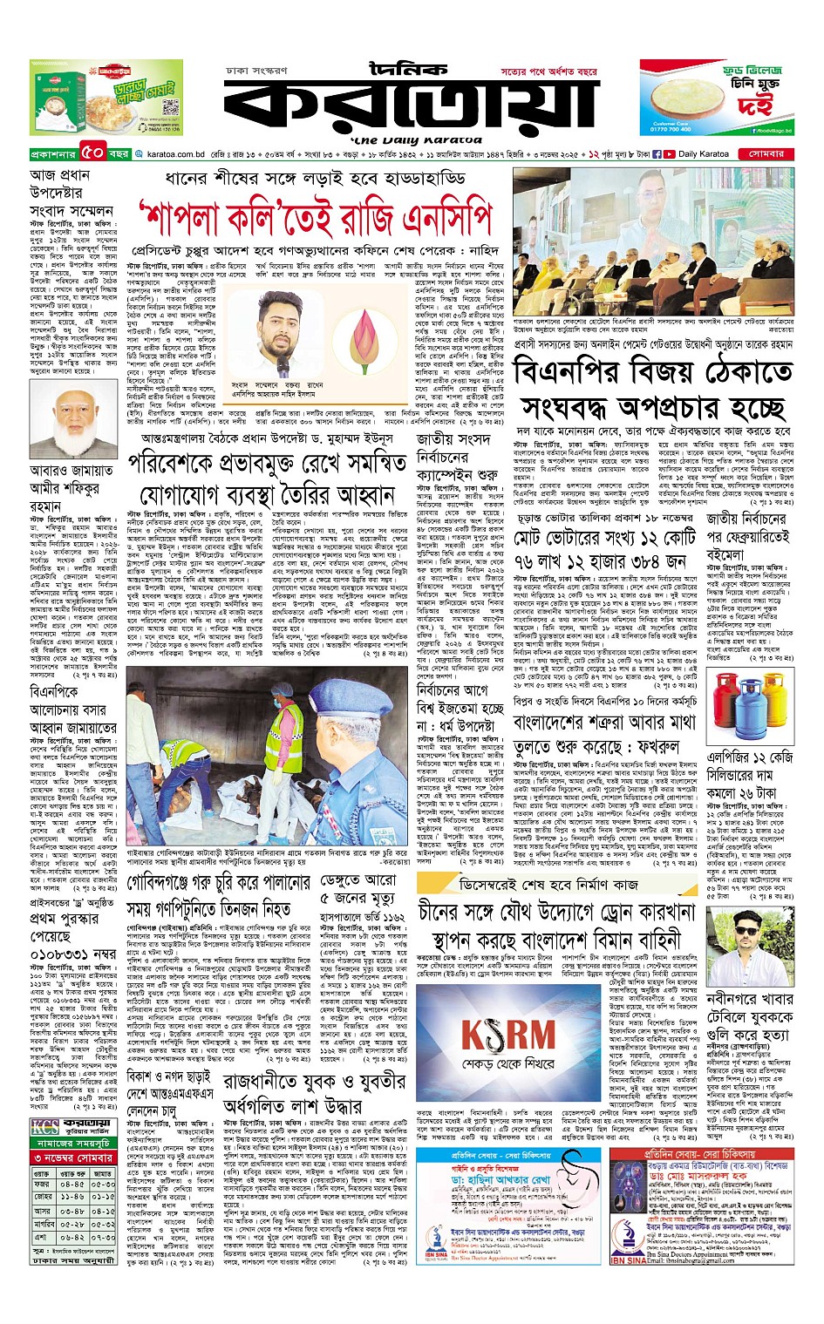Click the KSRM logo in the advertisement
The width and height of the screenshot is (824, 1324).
coord(507,1037)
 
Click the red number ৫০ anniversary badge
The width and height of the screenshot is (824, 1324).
coord(93,154)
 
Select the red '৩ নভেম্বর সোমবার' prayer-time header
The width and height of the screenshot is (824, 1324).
coord(73,1158)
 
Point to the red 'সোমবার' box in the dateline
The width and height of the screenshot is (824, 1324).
coord(766,154)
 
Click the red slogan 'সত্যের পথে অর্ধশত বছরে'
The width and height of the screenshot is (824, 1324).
coord(548,71)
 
